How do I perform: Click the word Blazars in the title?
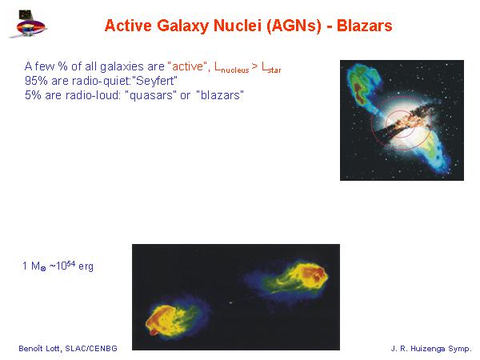coord(364,26)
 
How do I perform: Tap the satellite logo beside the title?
coord(28,24)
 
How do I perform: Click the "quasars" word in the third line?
coord(150,95)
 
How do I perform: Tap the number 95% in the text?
coord(36,81)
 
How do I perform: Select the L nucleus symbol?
coord(232,67)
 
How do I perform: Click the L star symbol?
coord(271,68)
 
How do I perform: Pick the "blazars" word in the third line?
coord(220,95)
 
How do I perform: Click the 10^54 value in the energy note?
coord(66,266)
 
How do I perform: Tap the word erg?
coord(86,266)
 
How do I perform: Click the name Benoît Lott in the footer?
coord(41,348)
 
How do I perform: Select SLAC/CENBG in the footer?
coord(91,348)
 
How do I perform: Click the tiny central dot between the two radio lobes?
coord(230,302)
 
